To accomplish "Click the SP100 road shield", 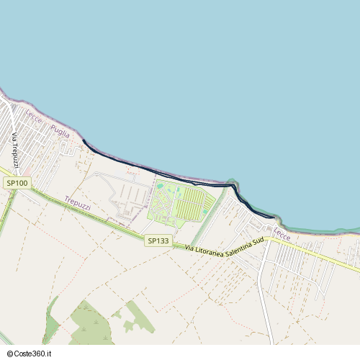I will tap(17, 183).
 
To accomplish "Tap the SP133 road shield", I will tap(158, 240).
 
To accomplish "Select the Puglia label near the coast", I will tap(60, 131).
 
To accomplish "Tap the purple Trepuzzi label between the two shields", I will tap(78, 204).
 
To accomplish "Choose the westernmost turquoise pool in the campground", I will tap(160, 186).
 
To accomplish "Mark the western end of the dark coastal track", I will tap(84, 141).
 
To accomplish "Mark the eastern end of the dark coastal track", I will tap(274, 216).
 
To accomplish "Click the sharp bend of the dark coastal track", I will tap(235, 186).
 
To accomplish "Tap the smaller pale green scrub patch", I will tap(137, 317).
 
